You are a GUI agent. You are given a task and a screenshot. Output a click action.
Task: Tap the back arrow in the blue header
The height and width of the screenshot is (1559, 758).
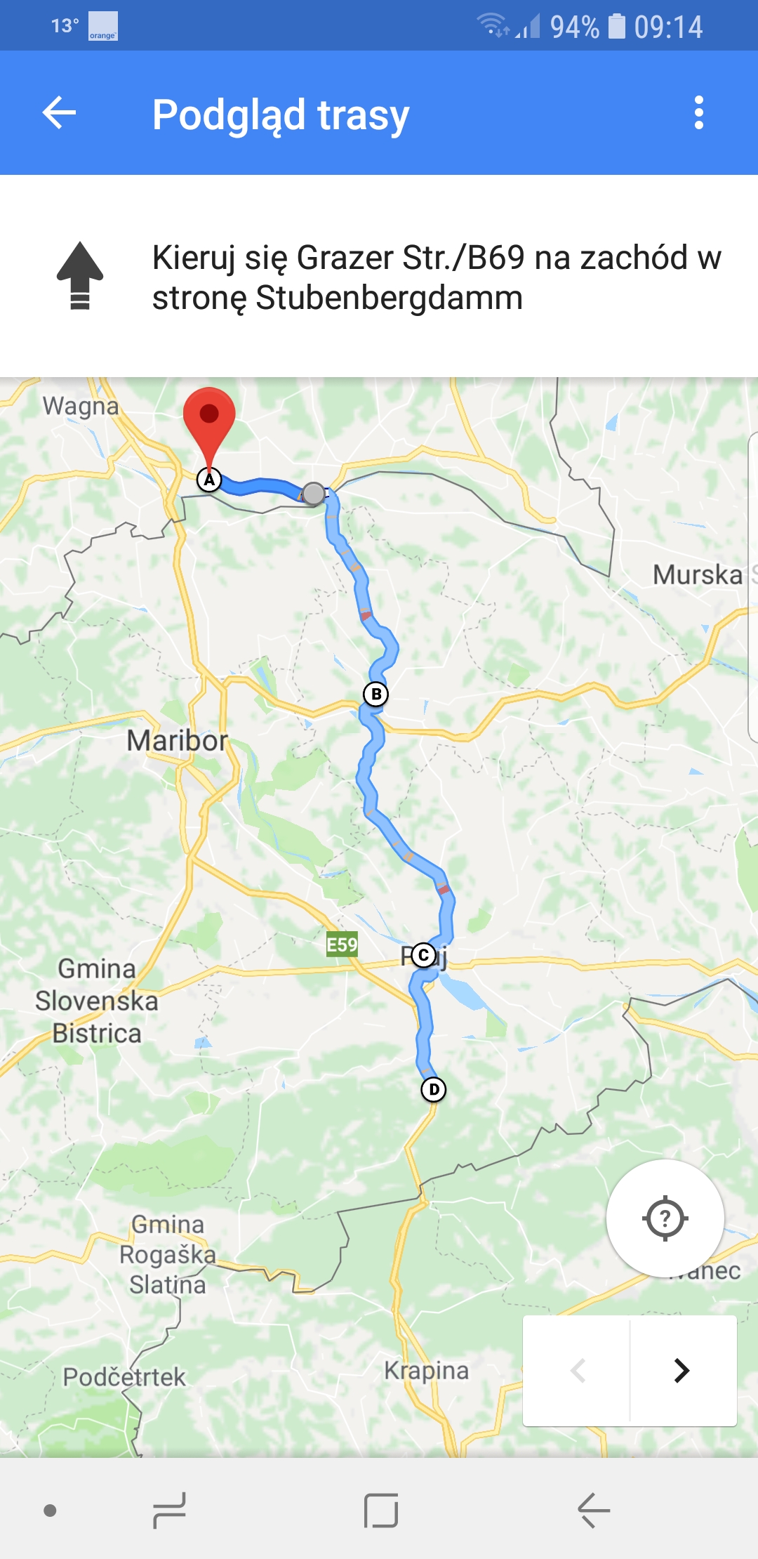(x=59, y=113)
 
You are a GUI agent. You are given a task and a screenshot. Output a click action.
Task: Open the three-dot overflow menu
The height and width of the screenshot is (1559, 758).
(x=698, y=113)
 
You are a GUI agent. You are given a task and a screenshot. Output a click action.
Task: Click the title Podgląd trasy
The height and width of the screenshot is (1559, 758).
(x=281, y=114)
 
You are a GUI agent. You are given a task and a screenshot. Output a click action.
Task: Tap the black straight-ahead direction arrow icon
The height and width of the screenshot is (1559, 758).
(x=80, y=275)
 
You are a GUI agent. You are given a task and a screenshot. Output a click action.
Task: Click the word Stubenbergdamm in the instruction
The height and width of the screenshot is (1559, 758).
(x=389, y=298)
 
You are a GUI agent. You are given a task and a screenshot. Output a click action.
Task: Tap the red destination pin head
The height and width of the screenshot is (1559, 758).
(x=209, y=414)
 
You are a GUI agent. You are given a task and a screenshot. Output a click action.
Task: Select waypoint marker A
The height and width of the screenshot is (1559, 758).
(x=209, y=480)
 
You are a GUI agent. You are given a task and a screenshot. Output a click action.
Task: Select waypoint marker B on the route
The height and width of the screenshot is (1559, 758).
(x=375, y=695)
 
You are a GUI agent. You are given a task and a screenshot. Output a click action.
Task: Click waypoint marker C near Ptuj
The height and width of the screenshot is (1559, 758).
(x=423, y=955)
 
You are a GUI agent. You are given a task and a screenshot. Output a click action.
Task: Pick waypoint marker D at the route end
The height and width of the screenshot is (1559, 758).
(x=434, y=1089)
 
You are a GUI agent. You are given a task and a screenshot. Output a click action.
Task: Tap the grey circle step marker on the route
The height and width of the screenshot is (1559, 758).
(x=314, y=494)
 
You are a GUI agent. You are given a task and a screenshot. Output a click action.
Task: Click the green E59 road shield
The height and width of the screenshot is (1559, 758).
(x=343, y=945)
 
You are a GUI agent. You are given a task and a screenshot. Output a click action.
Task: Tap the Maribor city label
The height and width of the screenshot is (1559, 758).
(x=177, y=741)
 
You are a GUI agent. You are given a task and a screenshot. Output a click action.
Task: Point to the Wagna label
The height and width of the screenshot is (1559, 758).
(x=81, y=406)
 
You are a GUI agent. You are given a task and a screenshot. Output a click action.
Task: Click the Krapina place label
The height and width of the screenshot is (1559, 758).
(x=426, y=1370)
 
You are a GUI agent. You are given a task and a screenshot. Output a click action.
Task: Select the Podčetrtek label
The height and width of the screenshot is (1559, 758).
(x=124, y=1377)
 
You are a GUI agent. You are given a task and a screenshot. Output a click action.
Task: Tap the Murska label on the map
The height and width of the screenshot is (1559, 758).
(x=697, y=574)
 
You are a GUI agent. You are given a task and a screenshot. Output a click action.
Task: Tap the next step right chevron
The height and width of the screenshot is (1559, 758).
(x=681, y=1370)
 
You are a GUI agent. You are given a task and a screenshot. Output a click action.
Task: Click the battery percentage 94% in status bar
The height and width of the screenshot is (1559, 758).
(x=574, y=27)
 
